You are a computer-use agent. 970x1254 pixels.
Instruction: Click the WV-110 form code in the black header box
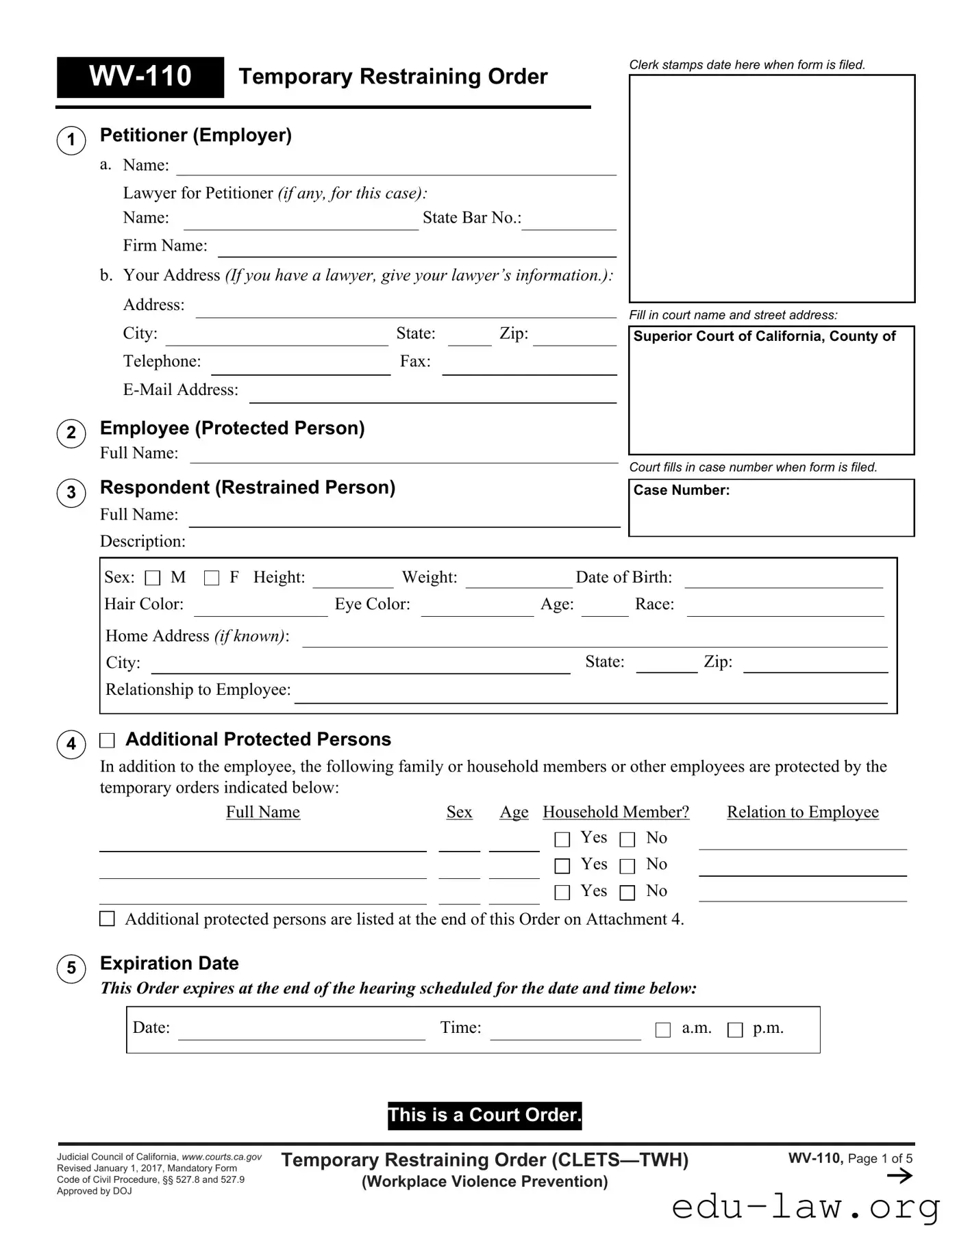pyautogui.click(x=140, y=77)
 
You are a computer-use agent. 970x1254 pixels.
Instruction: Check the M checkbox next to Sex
pyautogui.click(x=153, y=578)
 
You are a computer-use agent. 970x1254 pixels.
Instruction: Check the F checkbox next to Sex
pyautogui.click(x=212, y=578)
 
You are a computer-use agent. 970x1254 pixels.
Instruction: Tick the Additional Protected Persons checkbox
pyautogui.click(x=108, y=741)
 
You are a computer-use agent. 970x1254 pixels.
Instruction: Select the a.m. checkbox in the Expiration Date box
pyautogui.click(x=663, y=1030)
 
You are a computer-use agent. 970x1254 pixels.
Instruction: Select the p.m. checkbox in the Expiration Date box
pyautogui.click(x=735, y=1030)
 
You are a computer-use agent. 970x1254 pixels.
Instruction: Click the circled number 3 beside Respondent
pyautogui.click(x=71, y=493)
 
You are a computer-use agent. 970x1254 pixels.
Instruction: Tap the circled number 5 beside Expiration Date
pyautogui.click(x=71, y=969)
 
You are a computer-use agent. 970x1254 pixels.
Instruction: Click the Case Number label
pyautogui.click(x=682, y=491)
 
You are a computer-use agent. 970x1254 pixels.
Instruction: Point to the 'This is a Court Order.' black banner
pyautogui.click(x=484, y=1115)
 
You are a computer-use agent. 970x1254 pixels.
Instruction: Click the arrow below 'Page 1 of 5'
pyautogui.click(x=899, y=1176)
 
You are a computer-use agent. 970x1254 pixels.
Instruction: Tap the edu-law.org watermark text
pyautogui.click(x=806, y=1207)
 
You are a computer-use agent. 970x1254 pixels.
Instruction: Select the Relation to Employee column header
pyautogui.click(x=802, y=812)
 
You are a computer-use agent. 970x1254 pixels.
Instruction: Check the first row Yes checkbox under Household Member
pyautogui.click(x=562, y=839)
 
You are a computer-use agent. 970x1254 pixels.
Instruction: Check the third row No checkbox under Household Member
pyautogui.click(x=627, y=893)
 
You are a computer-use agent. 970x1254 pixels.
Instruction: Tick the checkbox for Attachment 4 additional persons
pyautogui.click(x=108, y=919)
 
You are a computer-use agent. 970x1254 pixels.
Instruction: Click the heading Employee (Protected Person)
pyautogui.click(x=232, y=428)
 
